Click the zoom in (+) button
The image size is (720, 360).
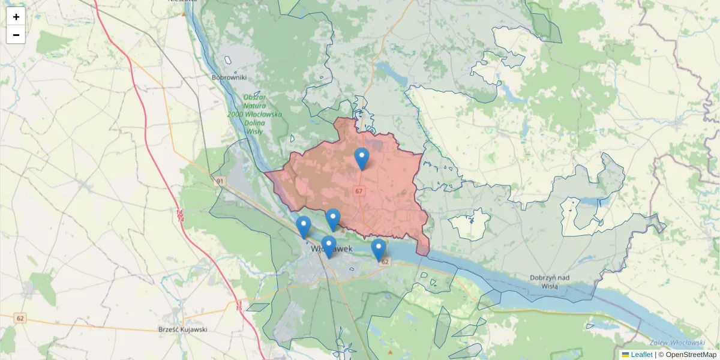[x=16, y=17]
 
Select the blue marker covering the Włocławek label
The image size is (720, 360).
[x=328, y=246]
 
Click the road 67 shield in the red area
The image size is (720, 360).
[x=359, y=191]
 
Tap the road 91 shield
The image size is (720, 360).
[x=220, y=181]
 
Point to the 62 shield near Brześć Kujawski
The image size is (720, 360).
[x=21, y=317]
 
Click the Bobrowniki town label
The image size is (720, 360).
[x=229, y=77]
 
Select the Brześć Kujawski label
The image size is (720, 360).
[x=182, y=329]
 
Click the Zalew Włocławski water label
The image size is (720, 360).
[x=676, y=343]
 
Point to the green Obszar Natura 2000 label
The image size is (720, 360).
[x=254, y=114]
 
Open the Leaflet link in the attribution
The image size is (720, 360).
[x=641, y=355]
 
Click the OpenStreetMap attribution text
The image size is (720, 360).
[x=691, y=355]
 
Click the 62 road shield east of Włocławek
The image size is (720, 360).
[x=385, y=262]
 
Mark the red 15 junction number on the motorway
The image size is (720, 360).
[x=239, y=308]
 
